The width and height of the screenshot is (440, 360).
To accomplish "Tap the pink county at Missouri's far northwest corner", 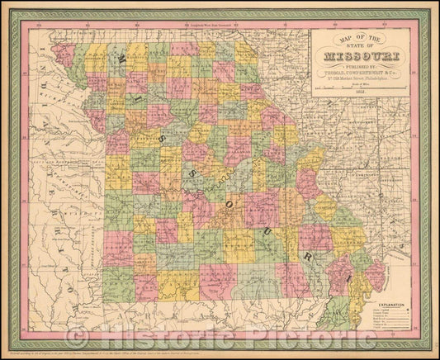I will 63,54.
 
